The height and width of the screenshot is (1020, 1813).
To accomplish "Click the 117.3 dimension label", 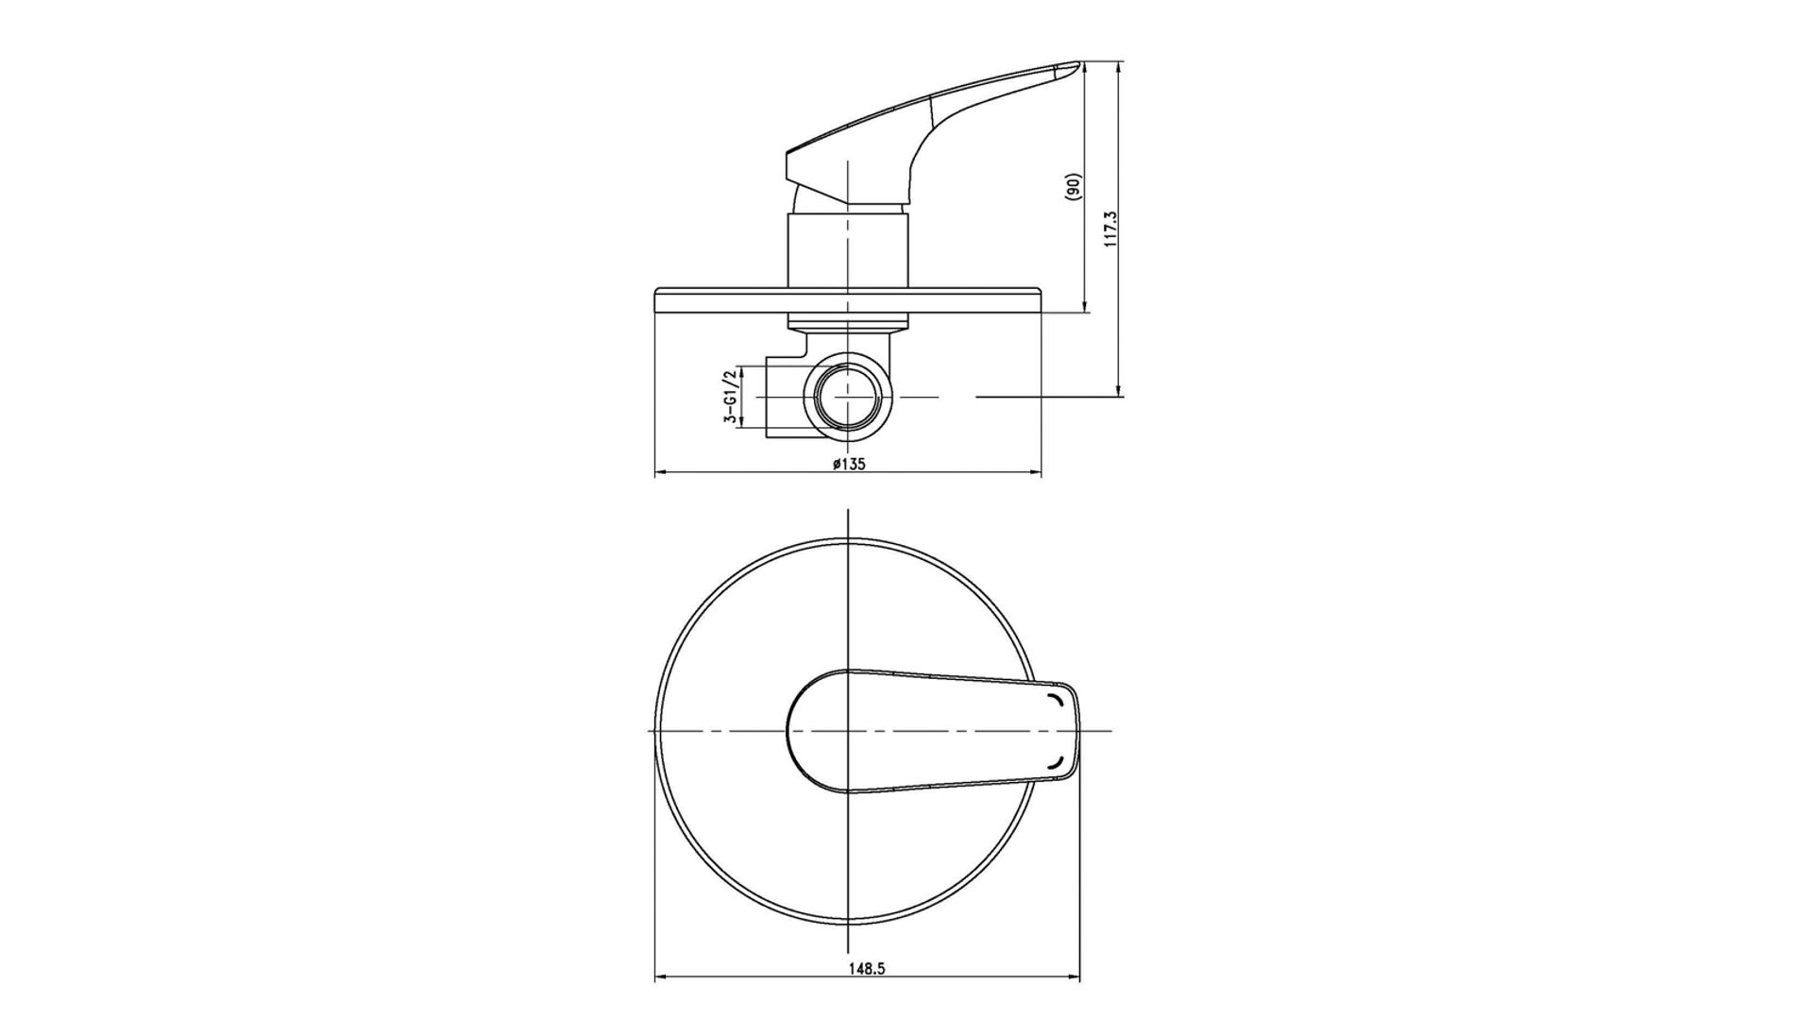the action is click(x=1110, y=229).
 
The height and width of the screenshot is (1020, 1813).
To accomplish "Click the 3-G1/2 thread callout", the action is click(x=730, y=398).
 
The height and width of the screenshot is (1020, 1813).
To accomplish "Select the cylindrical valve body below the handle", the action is click(x=848, y=251).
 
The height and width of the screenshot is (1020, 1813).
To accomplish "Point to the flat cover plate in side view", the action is click(x=848, y=300).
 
